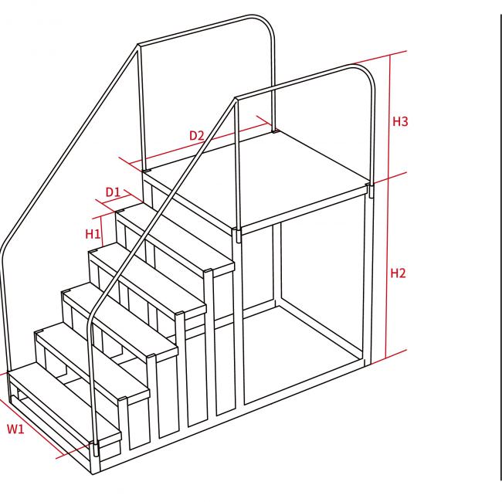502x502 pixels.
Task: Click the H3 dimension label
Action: point(400,122)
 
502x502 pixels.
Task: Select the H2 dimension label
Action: point(398,273)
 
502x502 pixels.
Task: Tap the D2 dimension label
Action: point(197,135)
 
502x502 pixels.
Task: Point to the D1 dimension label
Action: point(113,192)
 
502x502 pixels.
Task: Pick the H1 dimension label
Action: point(93,234)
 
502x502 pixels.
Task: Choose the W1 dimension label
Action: point(15,429)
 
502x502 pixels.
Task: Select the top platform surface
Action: point(256,179)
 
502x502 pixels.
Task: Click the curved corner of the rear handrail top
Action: point(268,22)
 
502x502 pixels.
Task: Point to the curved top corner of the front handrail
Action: point(368,71)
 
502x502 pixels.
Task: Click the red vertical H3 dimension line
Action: point(389,117)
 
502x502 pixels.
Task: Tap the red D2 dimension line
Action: point(198,144)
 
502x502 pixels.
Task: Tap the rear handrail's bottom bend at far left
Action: point(5,246)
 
